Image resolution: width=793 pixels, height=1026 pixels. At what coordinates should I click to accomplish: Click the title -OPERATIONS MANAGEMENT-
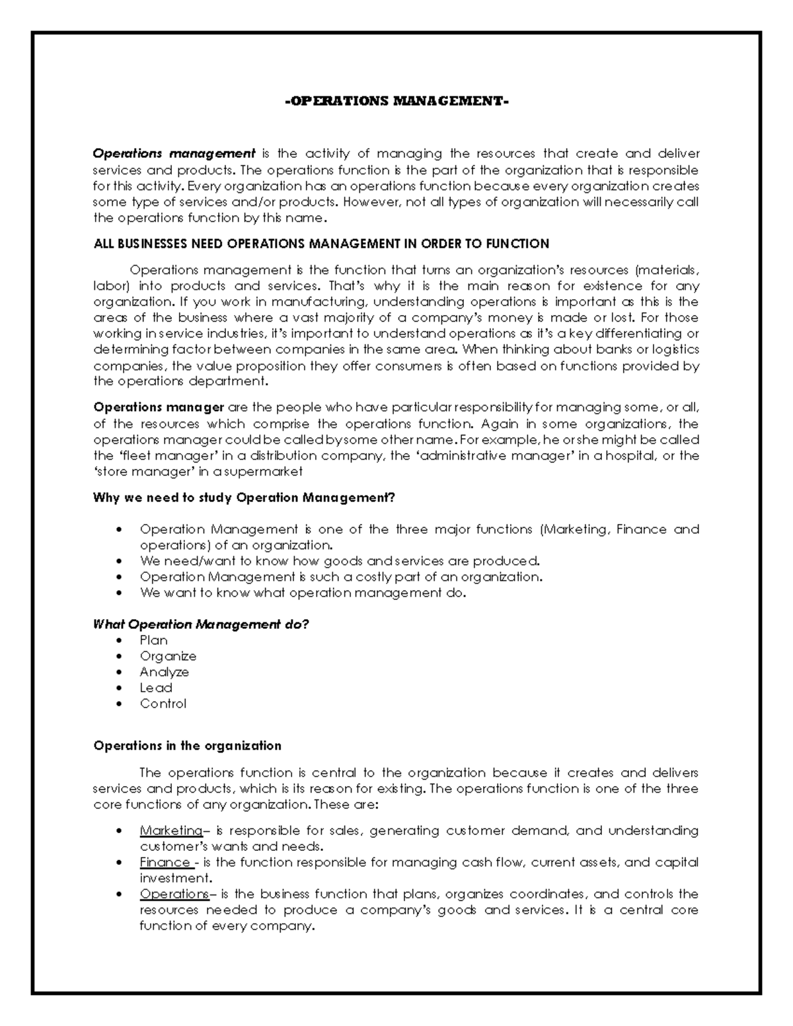coord(397,102)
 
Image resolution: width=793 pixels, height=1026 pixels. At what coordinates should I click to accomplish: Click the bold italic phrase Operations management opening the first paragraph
coord(174,154)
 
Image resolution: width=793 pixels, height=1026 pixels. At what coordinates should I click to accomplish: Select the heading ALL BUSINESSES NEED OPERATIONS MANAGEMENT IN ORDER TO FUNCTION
coord(321,244)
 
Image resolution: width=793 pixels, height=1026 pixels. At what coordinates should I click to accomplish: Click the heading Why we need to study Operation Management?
coord(244,498)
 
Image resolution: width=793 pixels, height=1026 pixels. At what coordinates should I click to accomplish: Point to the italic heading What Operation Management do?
coord(201,624)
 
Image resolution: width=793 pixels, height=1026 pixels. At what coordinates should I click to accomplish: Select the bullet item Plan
coord(153,640)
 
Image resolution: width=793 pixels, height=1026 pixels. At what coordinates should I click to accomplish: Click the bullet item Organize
coord(168,656)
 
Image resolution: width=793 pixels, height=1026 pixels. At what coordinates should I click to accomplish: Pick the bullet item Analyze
coord(164,672)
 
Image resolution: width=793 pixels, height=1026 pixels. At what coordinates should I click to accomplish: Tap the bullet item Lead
coord(156,688)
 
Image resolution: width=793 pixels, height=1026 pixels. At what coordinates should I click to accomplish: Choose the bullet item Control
coord(163,704)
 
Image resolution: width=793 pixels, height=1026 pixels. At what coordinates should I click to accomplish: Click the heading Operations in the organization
coord(187,746)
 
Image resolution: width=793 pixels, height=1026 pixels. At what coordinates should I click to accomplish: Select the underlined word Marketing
coord(170,830)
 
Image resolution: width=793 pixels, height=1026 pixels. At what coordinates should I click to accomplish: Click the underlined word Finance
coord(165,862)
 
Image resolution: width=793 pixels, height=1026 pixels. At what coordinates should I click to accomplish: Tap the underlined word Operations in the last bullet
coord(173,894)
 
